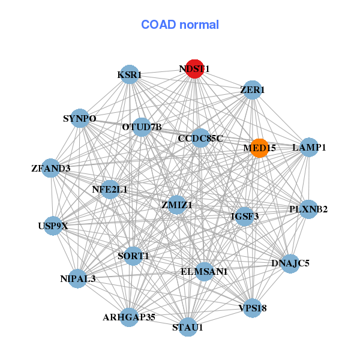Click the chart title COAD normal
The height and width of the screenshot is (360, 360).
click(x=180, y=25)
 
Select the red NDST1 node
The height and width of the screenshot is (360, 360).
click(x=194, y=68)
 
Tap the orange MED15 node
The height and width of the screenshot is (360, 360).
click(x=259, y=148)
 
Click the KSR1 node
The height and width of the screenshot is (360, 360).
click(x=130, y=75)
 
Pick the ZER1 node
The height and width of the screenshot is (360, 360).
click(x=253, y=90)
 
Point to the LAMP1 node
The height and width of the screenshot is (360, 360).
click(x=308, y=147)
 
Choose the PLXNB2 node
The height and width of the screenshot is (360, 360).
click(x=308, y=209)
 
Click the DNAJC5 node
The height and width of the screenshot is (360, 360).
click(x=290, y=263)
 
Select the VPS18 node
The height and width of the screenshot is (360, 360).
click(x=252, y=308)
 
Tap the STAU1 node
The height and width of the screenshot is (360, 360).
click(x=188, y=327)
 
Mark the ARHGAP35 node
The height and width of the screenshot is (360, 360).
click(x=129, y=316)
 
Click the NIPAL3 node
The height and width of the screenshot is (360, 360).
click(x=77, y=278)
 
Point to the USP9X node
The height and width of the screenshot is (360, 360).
click(x=53, y=226)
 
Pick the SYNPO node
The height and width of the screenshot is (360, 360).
click(x=80, y=118)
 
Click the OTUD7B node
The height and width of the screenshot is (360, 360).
click(x=142, y=127)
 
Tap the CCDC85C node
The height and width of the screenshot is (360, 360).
click(x=200, y=138)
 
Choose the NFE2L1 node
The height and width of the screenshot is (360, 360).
click(x=110, y=190)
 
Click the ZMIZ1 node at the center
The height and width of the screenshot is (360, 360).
click(x=177, y=205)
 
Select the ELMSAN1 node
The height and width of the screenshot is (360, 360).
click(x=204, y=272)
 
